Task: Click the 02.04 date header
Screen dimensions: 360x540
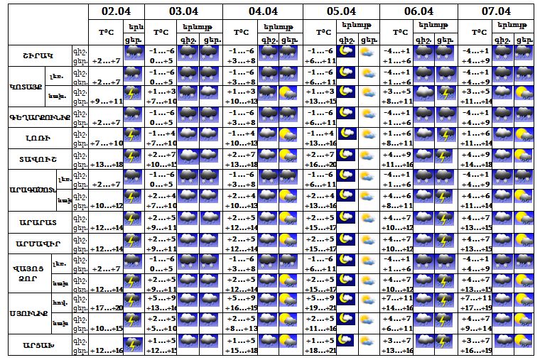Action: (117, 11)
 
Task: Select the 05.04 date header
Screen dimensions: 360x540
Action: (341, 11)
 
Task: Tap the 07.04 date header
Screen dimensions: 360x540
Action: (496, 11)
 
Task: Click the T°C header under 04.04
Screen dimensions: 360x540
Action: (241, 32)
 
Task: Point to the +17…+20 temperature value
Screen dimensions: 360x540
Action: (107, 307)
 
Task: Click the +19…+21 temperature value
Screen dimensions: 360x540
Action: (320, 307)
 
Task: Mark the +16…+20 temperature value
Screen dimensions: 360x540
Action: (320, 164)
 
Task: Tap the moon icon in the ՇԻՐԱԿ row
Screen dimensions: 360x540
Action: (346, 54)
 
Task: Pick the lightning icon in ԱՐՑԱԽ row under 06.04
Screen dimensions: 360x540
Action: (445, 344)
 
